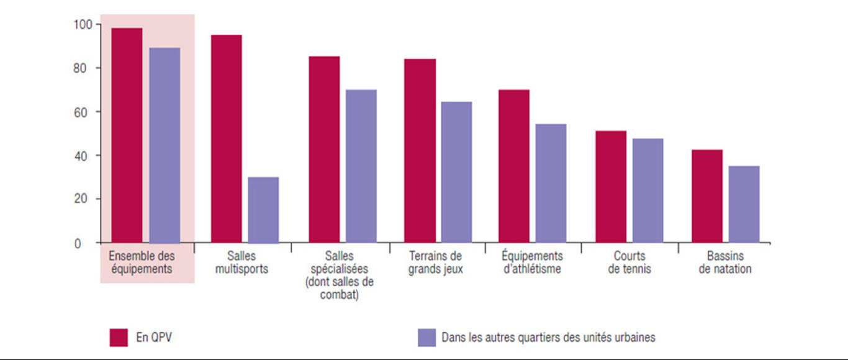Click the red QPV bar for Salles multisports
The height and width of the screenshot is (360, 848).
(227, 138)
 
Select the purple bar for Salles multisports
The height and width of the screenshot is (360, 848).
(263, 210)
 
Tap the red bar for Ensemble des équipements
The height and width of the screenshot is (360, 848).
(127, 135)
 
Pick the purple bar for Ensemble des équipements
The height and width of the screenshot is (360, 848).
(165, 145)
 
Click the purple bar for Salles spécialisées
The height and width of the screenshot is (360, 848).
(361, 166)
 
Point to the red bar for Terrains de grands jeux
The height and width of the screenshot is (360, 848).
(420, 150)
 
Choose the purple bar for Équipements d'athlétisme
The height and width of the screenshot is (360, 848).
(551, 183)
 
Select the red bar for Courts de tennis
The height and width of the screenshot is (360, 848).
(611, 186)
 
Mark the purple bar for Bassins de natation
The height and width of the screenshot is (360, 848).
(744, 204)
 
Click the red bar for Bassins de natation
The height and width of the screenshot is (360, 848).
(707, 196)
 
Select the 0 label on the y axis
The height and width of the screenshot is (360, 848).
(78, 244)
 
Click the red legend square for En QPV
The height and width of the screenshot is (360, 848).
(119, 337)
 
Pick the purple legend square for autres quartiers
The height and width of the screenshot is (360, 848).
(427, 337)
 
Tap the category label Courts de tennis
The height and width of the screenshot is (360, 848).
(629, 263)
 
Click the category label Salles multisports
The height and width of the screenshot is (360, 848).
(241, 263)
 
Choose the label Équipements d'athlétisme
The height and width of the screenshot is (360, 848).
(532, 263)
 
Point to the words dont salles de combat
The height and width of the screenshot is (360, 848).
(339, 289)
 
